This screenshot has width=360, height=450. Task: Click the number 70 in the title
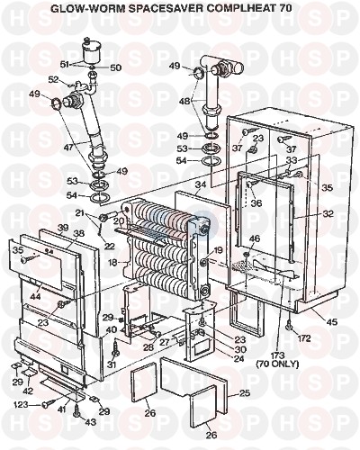click(x=284, y=8)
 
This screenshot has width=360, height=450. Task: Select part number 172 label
click(x=303, y=338)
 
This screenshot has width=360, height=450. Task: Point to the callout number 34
click(x=201, y=184)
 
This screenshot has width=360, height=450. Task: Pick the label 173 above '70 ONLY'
click(x=278, y=355)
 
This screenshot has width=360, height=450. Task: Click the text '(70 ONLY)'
click(x=277, y=364)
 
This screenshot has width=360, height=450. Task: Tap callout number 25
click(x=245, y=392)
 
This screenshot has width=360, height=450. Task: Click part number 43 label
click(x=90, y=422)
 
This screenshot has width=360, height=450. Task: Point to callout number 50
click(x=115, y=67)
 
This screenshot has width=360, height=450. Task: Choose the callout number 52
click(x=54, y=79)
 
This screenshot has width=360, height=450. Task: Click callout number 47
click(x=68, y=147)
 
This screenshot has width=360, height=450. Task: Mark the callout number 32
click(x=328, y=214)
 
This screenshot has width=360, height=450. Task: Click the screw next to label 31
click(x=115, y=348)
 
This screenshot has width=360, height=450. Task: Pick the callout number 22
click(x=110, y=246)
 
